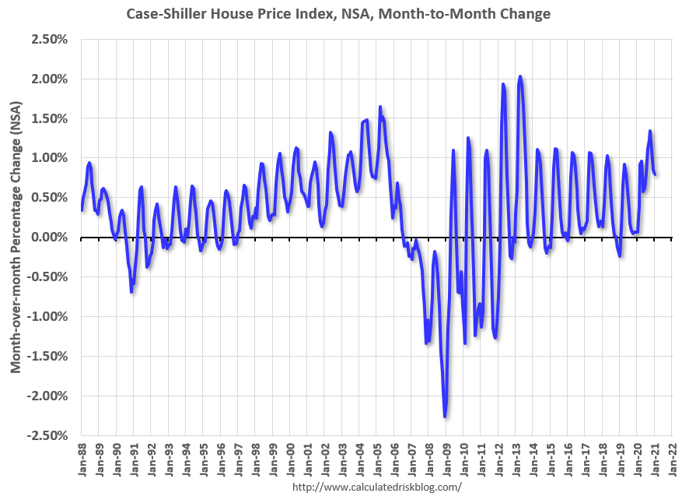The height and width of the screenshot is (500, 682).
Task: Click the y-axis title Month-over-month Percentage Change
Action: pos(16,237)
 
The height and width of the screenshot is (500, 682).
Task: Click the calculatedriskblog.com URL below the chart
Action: pos(376,487)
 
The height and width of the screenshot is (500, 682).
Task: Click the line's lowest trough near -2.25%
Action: pos(445,417)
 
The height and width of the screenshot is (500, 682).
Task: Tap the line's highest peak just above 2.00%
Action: pos(519,76)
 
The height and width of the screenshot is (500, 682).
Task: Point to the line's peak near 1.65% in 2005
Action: pos(380,107)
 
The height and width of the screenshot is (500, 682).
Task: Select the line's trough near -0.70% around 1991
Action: pos(131,291)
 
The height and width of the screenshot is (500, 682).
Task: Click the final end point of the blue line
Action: pos(656,174)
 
